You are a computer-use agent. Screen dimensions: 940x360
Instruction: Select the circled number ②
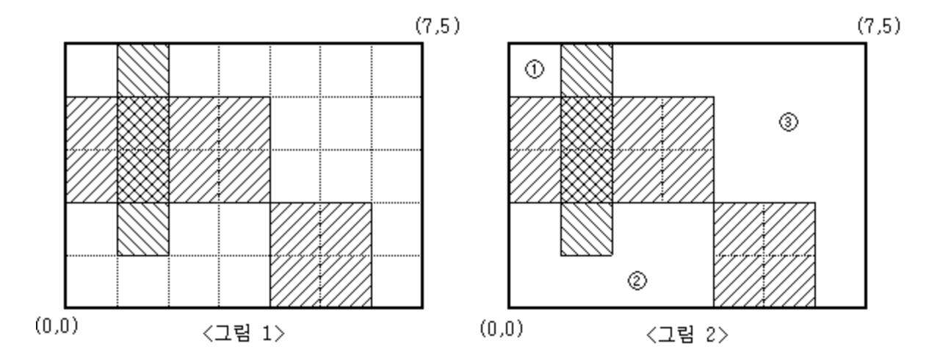coord(637,278)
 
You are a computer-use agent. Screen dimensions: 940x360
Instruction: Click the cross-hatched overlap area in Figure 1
coord(143,149)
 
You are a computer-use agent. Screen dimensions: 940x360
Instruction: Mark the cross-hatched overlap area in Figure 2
coord(587,149)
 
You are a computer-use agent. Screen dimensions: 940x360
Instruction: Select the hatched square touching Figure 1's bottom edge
coord(321,254)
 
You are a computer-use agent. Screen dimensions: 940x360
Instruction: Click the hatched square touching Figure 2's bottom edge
coord(764,254)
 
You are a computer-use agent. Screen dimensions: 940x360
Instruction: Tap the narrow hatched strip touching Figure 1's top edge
coord(143,70)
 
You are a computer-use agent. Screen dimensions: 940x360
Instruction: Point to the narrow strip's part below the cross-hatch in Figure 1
coord(143,228)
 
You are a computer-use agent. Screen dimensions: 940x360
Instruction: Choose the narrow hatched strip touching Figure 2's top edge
coord(587,70)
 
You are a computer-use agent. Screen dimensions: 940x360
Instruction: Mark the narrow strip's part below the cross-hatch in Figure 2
coord(587,228)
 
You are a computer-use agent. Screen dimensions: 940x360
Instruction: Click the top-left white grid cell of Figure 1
coord(92,70)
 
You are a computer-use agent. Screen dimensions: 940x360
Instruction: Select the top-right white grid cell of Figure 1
coord(397,70)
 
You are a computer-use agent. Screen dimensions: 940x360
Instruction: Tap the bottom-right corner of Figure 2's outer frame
coord(866,307)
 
